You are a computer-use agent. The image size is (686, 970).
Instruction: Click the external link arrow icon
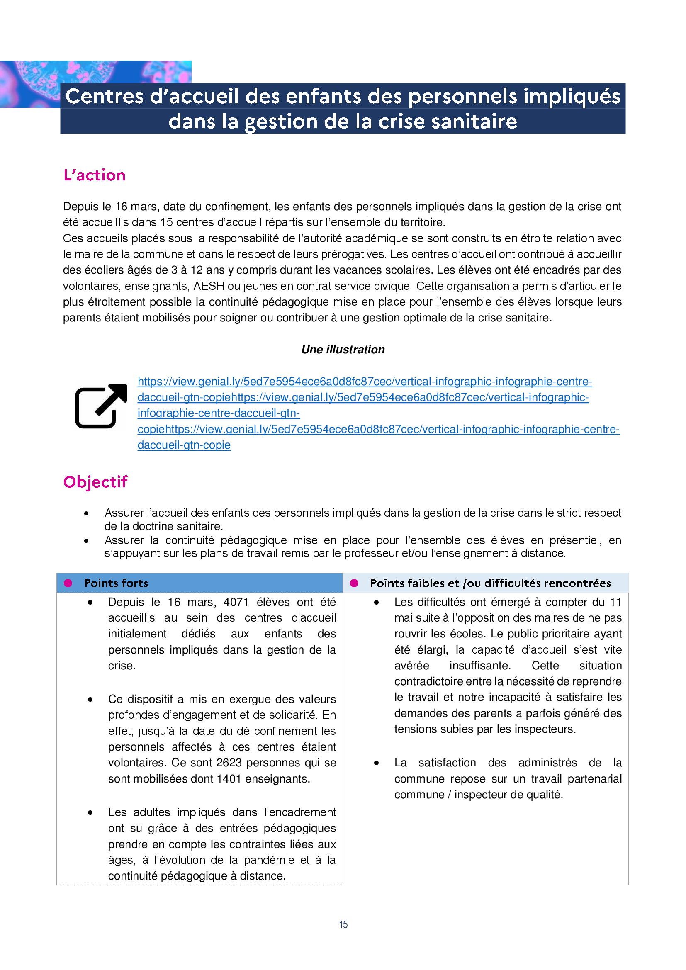click(101, 406)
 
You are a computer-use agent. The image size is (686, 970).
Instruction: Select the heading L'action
click(94, 175)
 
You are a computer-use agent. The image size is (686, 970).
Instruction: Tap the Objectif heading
click(95, 481)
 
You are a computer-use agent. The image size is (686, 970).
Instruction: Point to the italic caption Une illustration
click(343, 349)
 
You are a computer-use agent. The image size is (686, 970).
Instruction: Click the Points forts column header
click(116, 583)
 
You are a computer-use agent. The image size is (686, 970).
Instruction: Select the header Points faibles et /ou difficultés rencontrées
click(490, 583)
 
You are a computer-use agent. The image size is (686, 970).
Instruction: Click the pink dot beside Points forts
click(68, 583)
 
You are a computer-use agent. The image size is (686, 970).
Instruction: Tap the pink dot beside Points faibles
click(354, 583)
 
